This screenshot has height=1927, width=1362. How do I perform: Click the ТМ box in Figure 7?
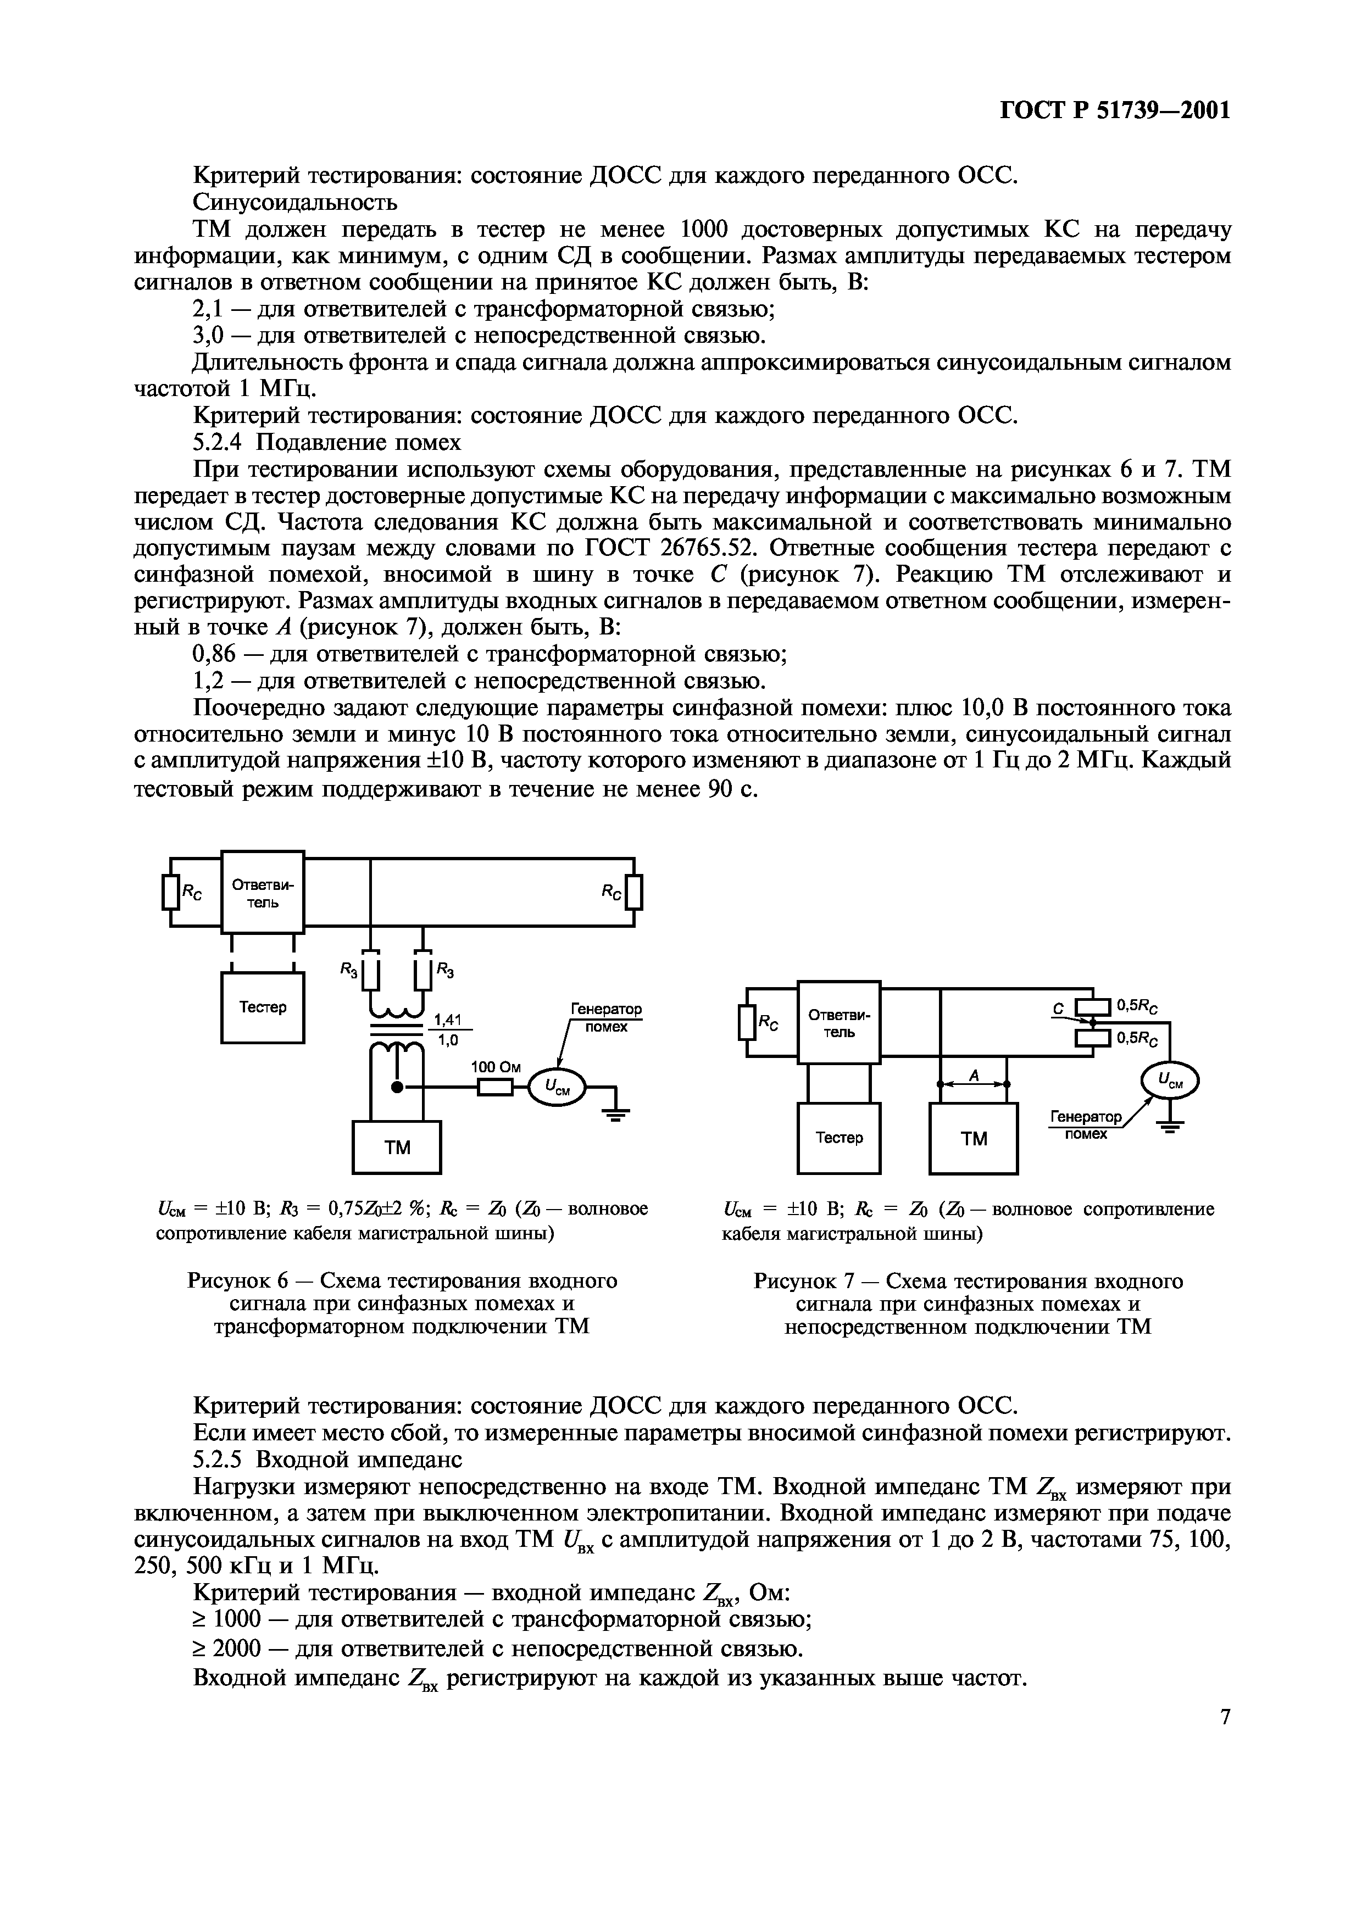974,1139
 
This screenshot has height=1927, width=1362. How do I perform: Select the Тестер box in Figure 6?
263,1007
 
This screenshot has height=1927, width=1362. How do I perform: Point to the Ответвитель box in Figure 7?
838,1022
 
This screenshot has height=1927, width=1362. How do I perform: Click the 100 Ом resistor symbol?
494,1088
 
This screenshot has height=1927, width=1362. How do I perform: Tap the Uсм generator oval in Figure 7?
1170,1082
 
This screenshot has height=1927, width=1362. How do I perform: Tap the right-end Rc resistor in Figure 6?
635,892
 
